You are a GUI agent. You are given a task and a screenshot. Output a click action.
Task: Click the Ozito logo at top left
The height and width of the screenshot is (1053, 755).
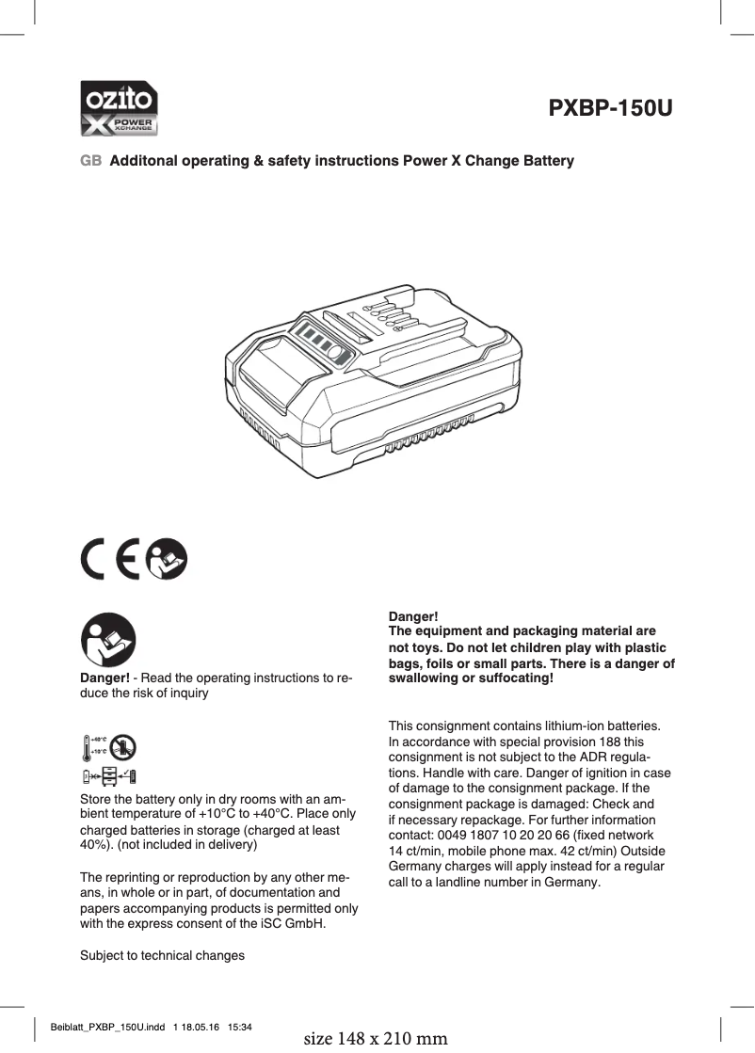point(118,109)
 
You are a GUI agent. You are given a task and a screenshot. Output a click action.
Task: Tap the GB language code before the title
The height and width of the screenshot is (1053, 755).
point(90,161)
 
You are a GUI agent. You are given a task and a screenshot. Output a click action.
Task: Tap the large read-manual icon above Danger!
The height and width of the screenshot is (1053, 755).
point(108,641)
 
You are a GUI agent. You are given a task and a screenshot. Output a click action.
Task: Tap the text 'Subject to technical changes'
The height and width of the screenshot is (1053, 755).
point(162,955)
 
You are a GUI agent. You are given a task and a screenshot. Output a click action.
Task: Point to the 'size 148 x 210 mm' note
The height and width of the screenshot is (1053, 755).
point(377,1039)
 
